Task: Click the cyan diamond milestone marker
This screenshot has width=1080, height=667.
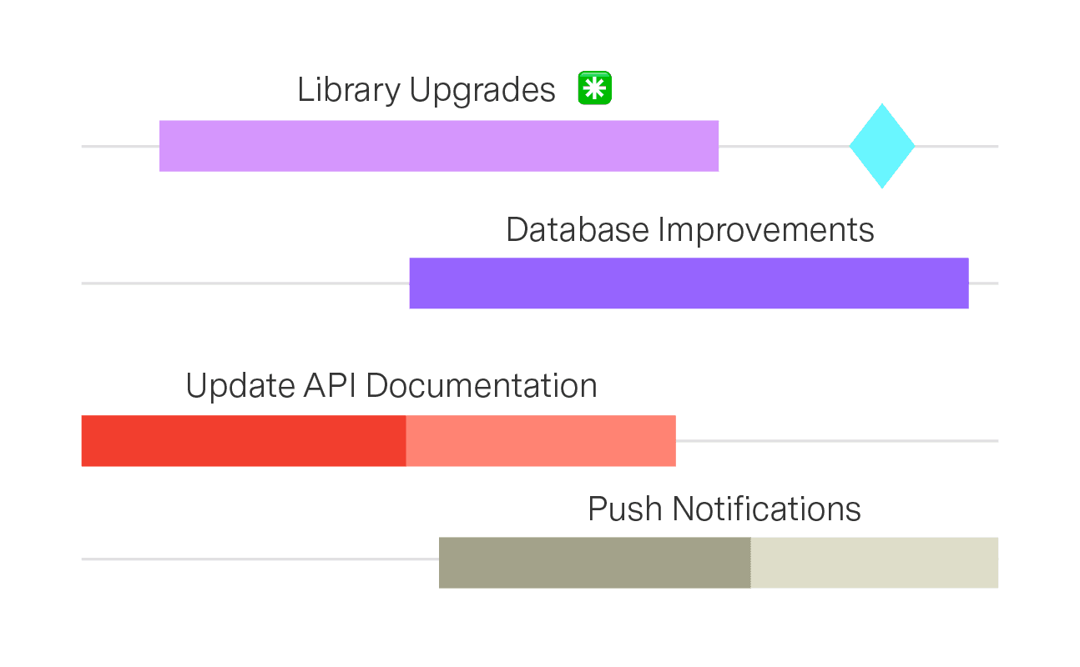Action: coord(881,146)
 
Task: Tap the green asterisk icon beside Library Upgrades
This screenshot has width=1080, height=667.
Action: coord(594,88)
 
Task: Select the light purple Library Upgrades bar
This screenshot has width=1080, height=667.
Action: coord(439,146)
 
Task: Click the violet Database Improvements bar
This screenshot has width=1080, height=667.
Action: coord(689,283)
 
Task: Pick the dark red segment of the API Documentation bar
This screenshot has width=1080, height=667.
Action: coord(243,440)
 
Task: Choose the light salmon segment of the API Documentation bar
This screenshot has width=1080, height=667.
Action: coord(540,440)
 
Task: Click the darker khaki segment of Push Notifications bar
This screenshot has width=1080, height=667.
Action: coord(594,563)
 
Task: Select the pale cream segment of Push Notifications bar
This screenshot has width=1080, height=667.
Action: coord(874,563)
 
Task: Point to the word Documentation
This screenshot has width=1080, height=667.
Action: coord(482,386)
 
